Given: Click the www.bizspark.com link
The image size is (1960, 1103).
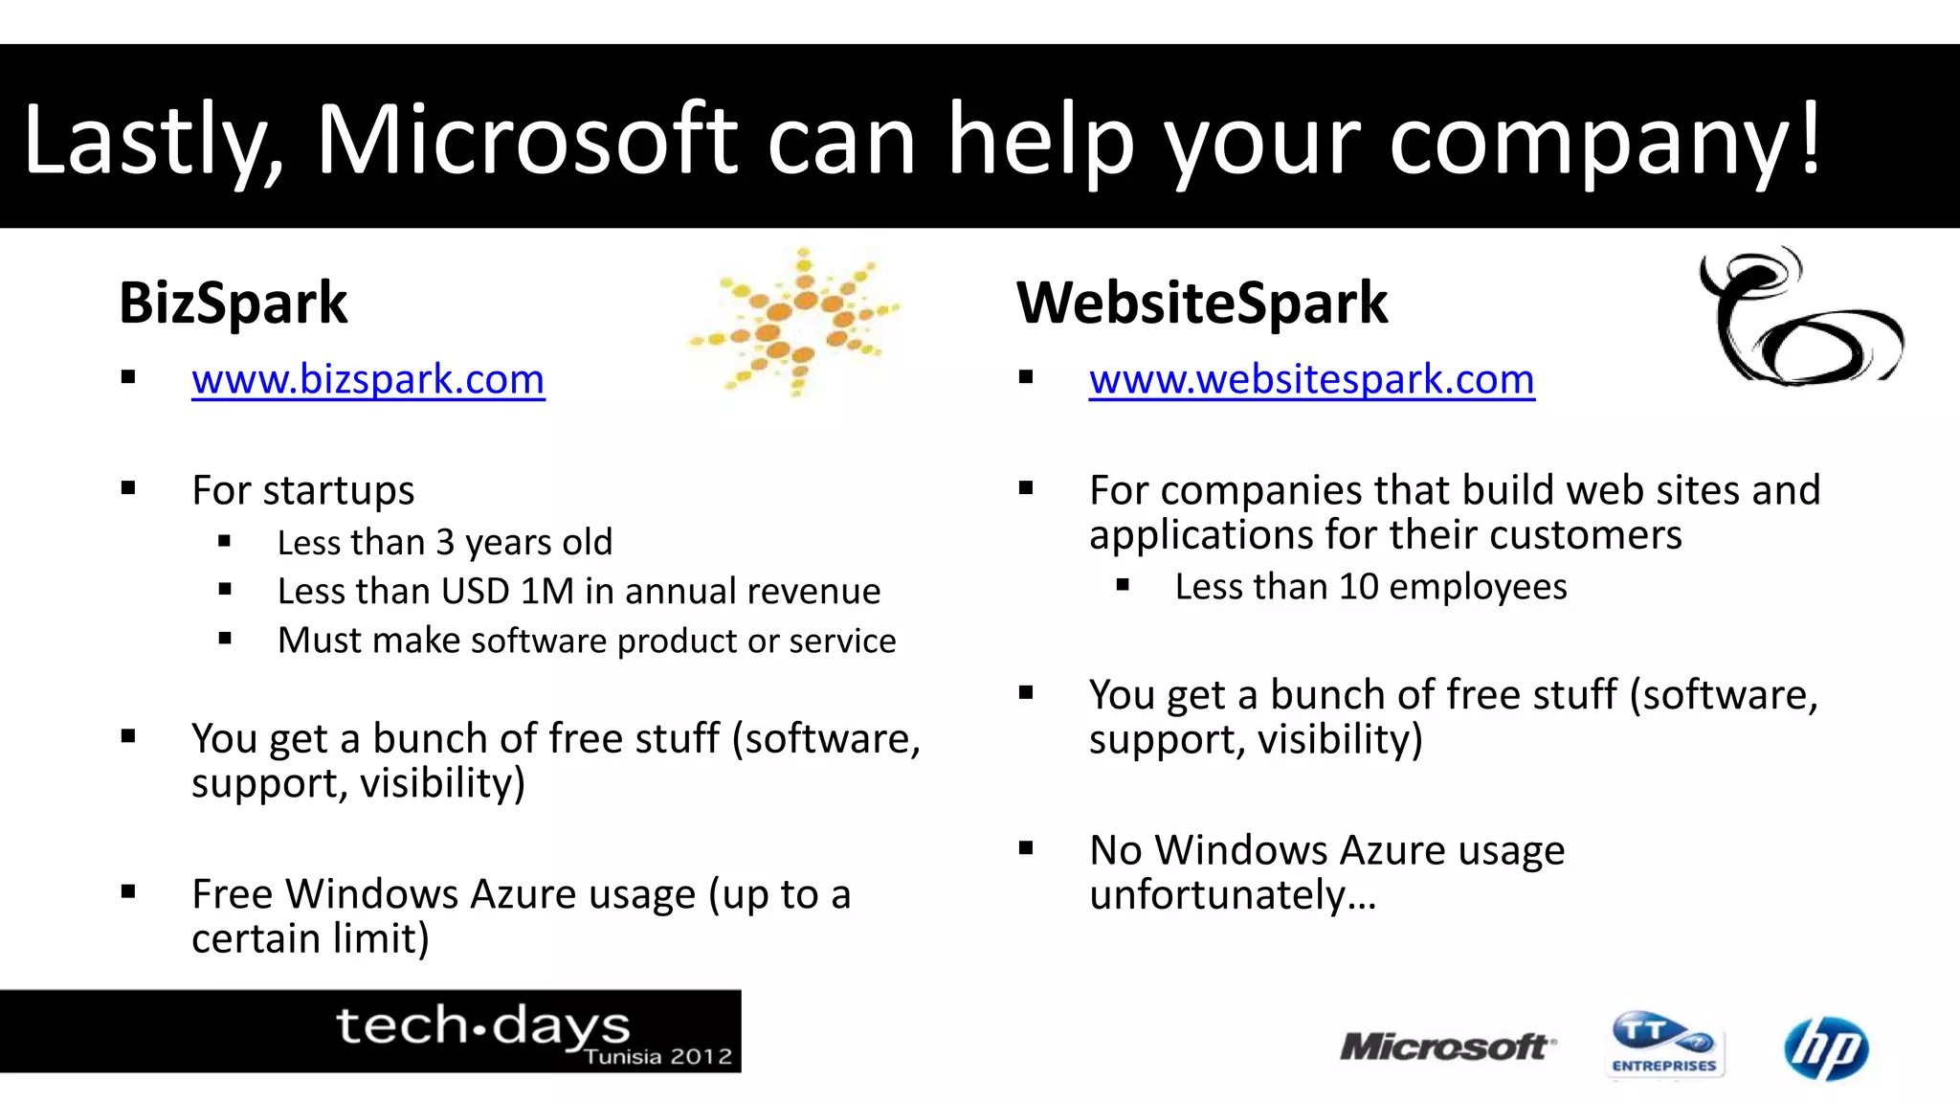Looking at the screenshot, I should (367, 380).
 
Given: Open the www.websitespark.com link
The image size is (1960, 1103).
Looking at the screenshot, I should (1311, 380).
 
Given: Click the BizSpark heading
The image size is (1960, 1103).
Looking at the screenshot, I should (233, 304).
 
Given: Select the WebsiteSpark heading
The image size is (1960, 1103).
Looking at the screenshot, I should (1201, 304).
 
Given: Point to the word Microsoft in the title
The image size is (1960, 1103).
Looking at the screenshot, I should (526, 141).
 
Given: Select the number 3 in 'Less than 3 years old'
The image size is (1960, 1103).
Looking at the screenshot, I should (445, 543).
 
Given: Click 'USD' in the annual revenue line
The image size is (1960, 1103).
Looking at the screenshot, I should (475, 592).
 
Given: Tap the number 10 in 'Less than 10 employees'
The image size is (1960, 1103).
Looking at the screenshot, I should (1358, 587).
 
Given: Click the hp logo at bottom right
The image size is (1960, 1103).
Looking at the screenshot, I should (1825, 1048).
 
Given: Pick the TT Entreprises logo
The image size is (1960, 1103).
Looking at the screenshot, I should (1664, 1045).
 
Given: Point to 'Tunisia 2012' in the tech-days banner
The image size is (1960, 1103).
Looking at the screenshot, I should (657, 1057).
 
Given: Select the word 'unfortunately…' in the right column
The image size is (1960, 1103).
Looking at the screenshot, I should (1233, 896).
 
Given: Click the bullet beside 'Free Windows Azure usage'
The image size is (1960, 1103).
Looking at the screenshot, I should (128, 892).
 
